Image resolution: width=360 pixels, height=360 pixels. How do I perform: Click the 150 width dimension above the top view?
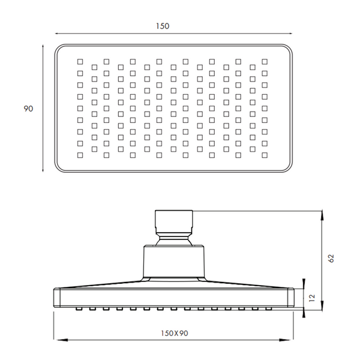click(163, 26)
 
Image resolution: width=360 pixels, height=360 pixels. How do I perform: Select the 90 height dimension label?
click(28, 109)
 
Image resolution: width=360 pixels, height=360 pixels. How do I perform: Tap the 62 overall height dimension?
click(331, 258)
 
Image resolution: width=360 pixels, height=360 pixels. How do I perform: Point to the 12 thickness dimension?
click(312, 298)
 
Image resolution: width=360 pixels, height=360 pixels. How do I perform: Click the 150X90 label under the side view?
click(175, 333)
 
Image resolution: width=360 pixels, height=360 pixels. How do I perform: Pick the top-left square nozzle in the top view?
click(80, 62)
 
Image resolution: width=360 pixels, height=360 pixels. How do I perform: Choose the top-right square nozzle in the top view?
click(265, 62)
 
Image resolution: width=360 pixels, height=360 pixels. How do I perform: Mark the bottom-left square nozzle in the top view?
click(80, 155)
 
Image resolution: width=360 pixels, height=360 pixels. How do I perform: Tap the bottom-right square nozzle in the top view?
click(265, 155)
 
